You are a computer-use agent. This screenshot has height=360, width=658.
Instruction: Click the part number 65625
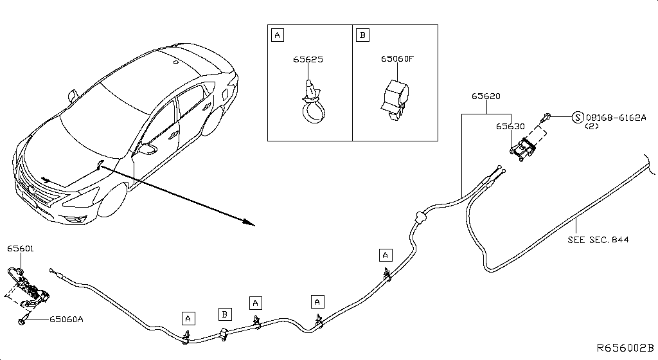click(308, 60)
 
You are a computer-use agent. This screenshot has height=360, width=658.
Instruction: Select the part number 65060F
click(396, 59)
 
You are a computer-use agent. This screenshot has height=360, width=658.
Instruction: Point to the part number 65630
click(510, 127)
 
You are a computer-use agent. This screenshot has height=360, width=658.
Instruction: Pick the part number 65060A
click(67, 319)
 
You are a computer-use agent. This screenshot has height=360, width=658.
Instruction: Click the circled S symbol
click(577, 118)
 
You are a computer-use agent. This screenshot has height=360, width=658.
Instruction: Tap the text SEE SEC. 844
click(598, 240)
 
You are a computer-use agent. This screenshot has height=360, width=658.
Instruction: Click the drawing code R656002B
click(625, 348)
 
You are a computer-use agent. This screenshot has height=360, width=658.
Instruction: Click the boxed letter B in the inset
click(363, 35)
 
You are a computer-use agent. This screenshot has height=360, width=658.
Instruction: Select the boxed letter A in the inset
click(278, 35)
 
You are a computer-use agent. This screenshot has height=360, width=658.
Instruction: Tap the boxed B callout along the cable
click(225, 314)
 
